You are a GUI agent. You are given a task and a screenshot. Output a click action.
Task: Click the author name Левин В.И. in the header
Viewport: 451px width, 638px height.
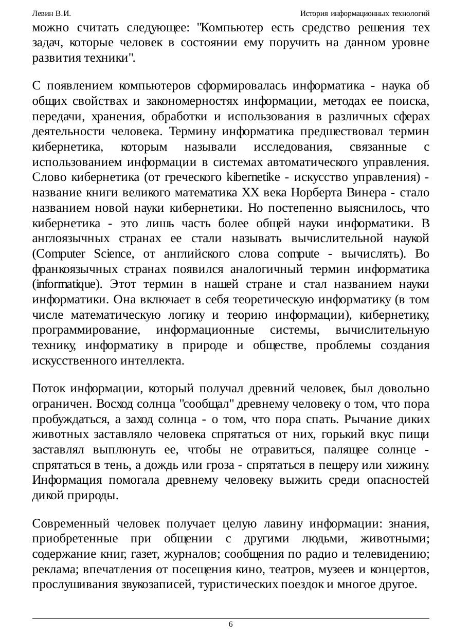pos(51,13)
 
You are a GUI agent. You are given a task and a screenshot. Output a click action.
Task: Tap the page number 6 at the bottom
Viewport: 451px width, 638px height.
pos(230,624)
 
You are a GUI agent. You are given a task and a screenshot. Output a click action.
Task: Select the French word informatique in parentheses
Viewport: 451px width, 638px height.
pos(58,285)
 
